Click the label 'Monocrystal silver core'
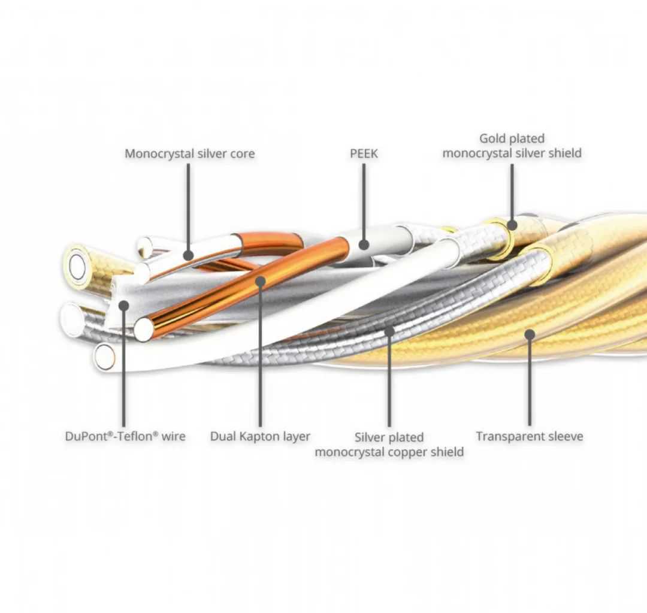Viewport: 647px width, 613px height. pos(189,153)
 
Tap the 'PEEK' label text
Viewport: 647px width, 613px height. pos(364,153)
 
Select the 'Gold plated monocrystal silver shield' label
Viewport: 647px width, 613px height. pos(512,146)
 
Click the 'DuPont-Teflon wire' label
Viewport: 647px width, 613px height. pos(125,436)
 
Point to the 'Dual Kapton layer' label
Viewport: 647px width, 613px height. pos(260,436)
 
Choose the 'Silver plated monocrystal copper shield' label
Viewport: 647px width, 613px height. pos(389,445)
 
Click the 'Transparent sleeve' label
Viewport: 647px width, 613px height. pos(529,436)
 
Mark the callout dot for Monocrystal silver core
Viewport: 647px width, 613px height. pos(188,256)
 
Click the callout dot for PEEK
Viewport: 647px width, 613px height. pos(364,244)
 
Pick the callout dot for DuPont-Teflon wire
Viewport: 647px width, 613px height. pos(123,306)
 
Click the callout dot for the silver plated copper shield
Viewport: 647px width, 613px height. pos(389,330)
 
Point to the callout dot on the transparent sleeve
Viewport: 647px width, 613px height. pos(530,334)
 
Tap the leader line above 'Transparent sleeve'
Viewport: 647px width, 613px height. pos(530,383)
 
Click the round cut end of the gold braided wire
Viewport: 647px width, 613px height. pos(77,267)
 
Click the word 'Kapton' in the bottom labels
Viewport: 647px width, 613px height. pos(258,436)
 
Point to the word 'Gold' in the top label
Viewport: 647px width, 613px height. pos(492,139)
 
